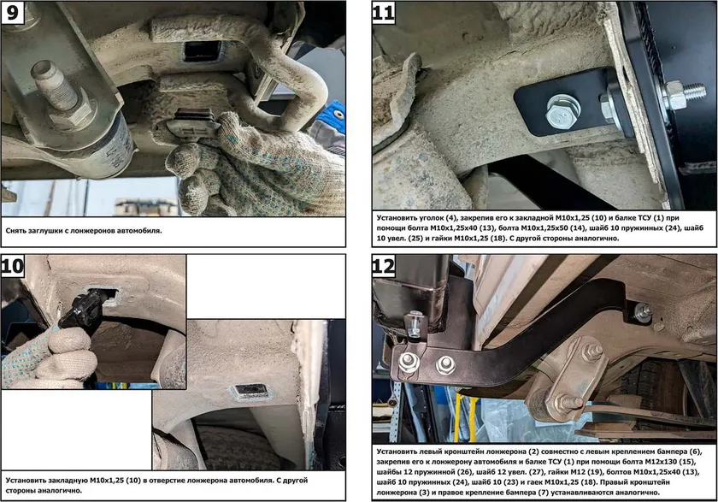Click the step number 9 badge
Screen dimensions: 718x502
point(12,12)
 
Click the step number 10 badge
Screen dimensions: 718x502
point(12,266)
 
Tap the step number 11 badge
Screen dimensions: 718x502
point(383,12)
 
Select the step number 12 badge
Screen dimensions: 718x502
point(383,266)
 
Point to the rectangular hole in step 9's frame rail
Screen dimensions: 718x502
point(203,50)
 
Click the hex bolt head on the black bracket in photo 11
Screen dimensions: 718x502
point(562,111)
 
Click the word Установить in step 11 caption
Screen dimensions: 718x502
point(397,217)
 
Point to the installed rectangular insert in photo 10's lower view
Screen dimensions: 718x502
point(250,392)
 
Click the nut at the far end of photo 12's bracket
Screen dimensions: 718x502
point(643,311)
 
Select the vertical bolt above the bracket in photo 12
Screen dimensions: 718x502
point(415,324)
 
